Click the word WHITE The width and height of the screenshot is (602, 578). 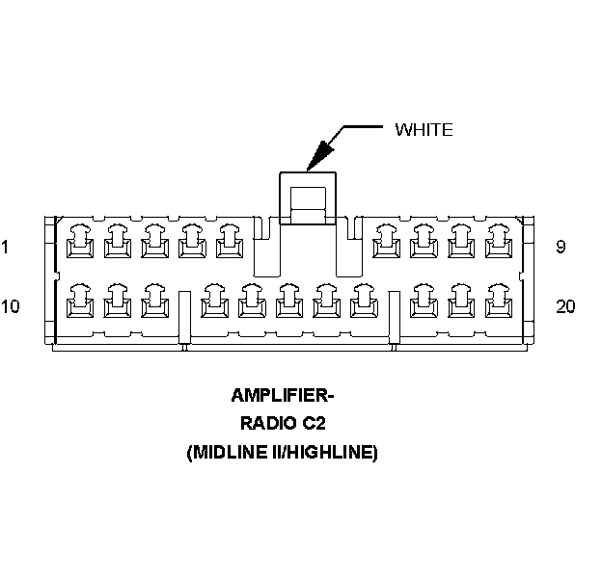424,130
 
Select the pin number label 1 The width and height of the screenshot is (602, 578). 5,248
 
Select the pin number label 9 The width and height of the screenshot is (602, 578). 561,248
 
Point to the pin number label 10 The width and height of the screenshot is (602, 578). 10,307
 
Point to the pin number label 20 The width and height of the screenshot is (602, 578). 566,307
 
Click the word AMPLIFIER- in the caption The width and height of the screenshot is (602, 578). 281,395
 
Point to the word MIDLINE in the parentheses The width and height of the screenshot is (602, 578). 228,451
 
